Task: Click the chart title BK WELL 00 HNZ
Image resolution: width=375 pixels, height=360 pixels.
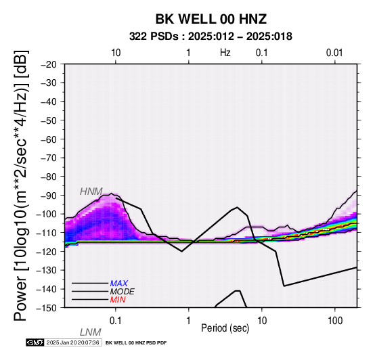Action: [x=211, y=19]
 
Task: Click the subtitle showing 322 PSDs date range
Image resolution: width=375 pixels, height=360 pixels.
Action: [x=211, y=37]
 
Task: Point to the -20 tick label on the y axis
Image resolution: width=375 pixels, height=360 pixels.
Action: [x=49, y=64]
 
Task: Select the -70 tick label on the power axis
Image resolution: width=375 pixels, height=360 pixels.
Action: [x=49, y=158]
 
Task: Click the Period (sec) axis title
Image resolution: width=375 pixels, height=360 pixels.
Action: [x=225, y=328]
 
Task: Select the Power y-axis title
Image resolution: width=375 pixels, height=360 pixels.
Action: [x=20, y=185]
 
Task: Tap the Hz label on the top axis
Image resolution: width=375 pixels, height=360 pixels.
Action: [x=225, y=53]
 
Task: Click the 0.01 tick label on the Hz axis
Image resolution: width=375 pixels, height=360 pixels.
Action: [x=334, y=53]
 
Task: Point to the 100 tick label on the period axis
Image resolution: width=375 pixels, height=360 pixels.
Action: [x=335, y=321]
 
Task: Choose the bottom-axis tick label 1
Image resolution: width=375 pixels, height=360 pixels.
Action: [x=189, y=321]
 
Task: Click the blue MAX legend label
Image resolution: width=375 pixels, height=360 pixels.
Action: [x=119, y=284]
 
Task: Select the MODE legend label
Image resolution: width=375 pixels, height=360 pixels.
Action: [x=123, y=292]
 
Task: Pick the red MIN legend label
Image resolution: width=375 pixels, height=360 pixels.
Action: [x=118, y=300]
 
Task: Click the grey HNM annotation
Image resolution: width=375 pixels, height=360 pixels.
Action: [x=91, y=192]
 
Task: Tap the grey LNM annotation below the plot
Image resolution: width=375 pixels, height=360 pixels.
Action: [x=91, y=332]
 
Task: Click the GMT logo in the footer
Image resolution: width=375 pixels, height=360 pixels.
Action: [x=35, y=342]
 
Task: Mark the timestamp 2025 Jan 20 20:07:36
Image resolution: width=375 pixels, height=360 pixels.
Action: [x=72, y=342]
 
